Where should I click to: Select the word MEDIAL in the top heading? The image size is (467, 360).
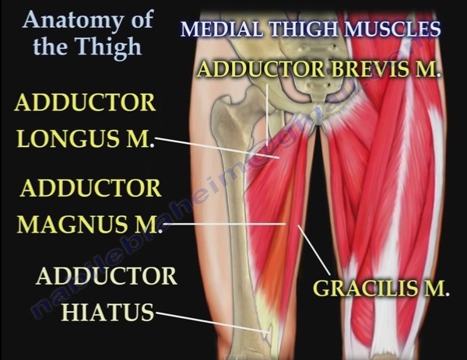(x=222, y=29)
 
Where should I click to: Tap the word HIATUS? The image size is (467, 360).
(x=107, y=312)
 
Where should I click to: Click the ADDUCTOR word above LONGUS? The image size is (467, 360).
(x=86, y=103)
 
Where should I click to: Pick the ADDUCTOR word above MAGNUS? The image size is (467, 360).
(x=91, y=188)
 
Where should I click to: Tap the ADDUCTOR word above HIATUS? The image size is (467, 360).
(x=107, y=276)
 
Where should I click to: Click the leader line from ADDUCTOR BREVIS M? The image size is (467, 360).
(x=267, y=115)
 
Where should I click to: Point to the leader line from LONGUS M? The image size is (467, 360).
(x=217, y=148)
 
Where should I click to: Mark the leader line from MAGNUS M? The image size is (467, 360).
(x=225, y=224)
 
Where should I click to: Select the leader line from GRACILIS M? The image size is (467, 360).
(x=314, y=250)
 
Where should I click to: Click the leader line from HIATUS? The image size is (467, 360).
(x=212, y=322)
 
